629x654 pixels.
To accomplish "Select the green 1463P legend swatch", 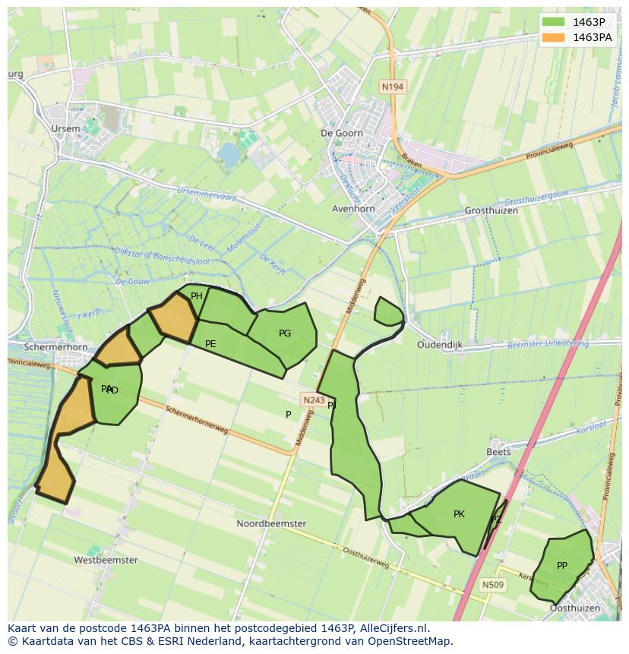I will [555, 22].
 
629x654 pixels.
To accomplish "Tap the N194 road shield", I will [393, 87].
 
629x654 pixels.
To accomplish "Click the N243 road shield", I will [313, 400].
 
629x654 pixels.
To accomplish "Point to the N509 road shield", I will [492, 585].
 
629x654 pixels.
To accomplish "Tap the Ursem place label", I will [65, 129].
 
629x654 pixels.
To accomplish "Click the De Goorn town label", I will [342, 133].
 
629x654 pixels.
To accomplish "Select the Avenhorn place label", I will [354, 209].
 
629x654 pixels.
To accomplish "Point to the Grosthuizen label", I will [492, 210].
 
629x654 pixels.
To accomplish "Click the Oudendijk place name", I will [440, 345].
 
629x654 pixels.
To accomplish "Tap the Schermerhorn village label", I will [56, 347].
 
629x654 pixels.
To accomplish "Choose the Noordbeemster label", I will [271, 524].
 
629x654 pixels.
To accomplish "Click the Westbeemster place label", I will [106, 561].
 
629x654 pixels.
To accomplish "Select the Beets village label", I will [498, 452].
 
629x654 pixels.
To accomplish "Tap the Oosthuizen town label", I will [574, 608].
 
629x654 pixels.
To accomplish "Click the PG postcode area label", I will [285, 333].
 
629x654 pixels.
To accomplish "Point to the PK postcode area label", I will [459, 514].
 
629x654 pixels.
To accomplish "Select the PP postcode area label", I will [562, 566].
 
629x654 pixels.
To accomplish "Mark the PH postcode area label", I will [197, 296].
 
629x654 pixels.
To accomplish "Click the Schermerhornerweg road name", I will [197, 419].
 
